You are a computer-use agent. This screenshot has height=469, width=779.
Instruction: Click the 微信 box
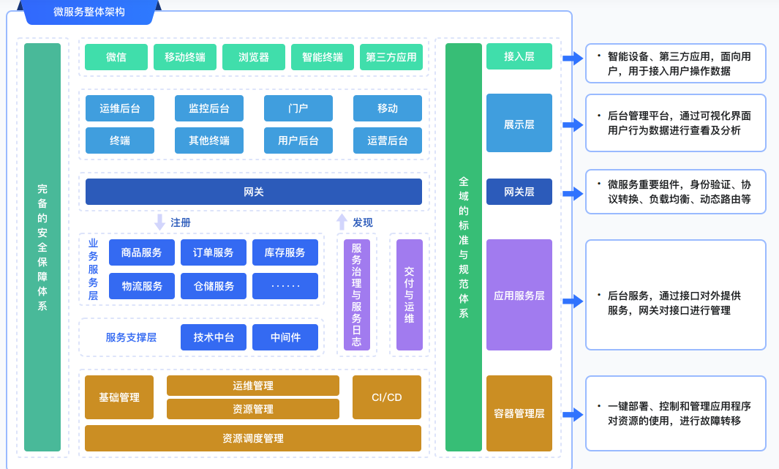click(x=116, y=57)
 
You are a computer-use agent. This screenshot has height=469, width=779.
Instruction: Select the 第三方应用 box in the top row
click(x=391, y=57)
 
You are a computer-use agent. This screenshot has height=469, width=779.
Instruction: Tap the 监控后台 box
click(x=209, y=108)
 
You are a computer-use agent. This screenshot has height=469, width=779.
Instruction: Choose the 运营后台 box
click(x=388, y=140)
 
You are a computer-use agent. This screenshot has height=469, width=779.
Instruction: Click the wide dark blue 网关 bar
click(x=254, y=192)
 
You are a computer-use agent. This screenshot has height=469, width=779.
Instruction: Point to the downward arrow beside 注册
click(x=160, y=222)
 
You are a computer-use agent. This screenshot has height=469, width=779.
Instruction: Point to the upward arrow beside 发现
click(x=342, y=222)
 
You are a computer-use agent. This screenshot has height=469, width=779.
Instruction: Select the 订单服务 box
click(x=214, y=252)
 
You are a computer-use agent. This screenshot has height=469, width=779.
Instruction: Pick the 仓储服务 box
click(x=214, y=286)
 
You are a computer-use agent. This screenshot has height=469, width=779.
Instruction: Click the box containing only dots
click(x=285, y=286)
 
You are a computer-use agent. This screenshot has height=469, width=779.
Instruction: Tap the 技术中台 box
click(x=214, y=337)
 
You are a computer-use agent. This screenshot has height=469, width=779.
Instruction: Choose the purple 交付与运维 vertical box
click(x=410, y=295)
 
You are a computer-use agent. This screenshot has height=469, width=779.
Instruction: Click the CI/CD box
click(x=387, y=397)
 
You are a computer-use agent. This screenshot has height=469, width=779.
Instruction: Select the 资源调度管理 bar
click(x=253, y=438)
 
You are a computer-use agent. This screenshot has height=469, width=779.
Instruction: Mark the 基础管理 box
click(x=119, y=397)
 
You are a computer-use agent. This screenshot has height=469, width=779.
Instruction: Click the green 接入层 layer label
click(x=519, y=56)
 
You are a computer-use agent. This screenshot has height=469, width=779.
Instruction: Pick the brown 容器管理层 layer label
click(x=519, y=413)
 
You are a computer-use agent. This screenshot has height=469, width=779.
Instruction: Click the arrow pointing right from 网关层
click(x=573, y=193)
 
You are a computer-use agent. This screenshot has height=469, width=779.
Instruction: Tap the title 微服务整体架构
click(x=89, y=12)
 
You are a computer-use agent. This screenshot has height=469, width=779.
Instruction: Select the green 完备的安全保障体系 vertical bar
click(x=42, y=247)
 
